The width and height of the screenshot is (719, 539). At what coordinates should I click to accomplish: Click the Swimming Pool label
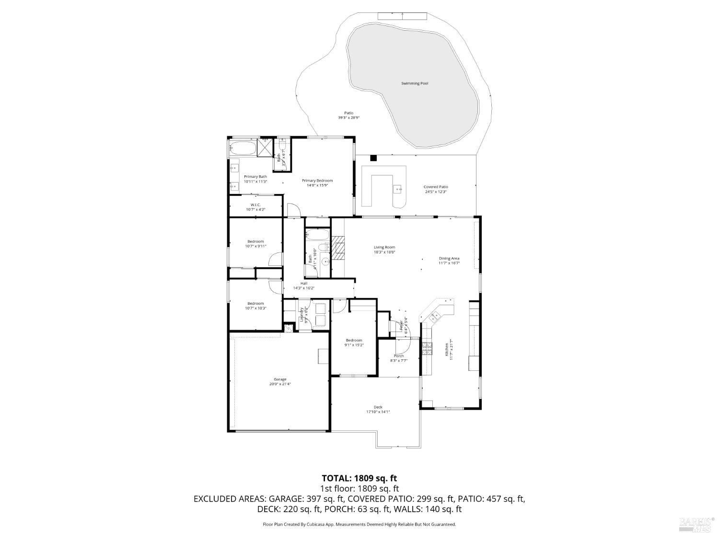[x=414, y=83]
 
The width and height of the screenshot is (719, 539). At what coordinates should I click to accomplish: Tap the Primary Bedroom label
[x=317, y=181]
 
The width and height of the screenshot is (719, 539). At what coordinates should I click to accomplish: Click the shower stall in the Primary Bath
[x=264, y=147]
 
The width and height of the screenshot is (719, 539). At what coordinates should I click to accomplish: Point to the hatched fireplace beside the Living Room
[x=339, y=248]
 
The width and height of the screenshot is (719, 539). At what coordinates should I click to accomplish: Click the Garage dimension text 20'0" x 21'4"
[x=280, y=384]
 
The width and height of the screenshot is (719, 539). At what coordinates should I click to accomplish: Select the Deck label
[x=378, y=407]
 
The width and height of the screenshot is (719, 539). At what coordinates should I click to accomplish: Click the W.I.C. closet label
[x=255, y=205]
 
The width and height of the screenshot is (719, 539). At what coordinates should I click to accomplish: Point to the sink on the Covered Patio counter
[x=398, y=189]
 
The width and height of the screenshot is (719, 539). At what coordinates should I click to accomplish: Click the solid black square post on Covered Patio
[x=374, y=158]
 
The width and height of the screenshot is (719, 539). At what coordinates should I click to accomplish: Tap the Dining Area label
[x=449, y=258]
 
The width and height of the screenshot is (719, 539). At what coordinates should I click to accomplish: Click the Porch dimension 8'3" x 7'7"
[x=398, y=361]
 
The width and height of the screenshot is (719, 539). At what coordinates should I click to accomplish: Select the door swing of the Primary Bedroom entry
[x=293, y=209]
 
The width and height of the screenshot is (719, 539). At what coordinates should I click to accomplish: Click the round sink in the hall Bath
[x=325, y=261]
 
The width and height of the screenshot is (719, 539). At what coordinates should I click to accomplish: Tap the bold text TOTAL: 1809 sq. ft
[x=359, y=478]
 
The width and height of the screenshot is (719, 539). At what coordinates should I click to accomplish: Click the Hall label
[x=304, y=283]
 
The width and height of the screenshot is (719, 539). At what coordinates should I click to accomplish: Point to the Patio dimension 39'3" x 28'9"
[x=348, y=117]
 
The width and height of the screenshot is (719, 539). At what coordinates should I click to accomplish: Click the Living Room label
[x=384, y=247]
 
